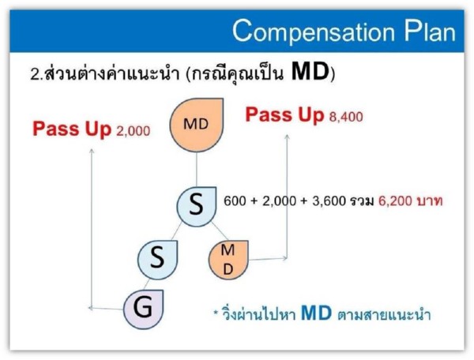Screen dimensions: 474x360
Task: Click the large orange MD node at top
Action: (x=197, y=125)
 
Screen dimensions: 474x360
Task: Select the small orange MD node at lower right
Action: (x=228, y=260)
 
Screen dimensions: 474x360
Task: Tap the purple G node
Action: (x=143, y=309)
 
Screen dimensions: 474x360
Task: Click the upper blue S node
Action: (x=197, y=207)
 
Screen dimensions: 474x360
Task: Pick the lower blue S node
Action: (x=157, y=260)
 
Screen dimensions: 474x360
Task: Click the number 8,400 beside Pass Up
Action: (x=347, y=117)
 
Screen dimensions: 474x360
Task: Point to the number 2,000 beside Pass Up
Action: (x=134, y=131)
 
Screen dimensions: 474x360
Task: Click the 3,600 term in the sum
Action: (x=329, y=201)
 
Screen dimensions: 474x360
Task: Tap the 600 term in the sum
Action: (x=235, y=201)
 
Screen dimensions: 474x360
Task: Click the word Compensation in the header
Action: (x=314, y=32)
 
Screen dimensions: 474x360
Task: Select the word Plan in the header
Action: (x=431, y=30)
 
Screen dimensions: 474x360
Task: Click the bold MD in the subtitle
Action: (x=310, y=71)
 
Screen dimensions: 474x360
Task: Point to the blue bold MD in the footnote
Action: (x=317, y=313)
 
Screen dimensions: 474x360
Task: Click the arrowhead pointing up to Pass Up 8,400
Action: (x=287, y=137)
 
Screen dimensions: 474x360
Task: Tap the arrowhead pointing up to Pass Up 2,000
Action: (x=92, y=151)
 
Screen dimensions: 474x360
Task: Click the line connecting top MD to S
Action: (x=197, y=170)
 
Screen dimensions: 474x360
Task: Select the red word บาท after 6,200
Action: (x=431, y=201)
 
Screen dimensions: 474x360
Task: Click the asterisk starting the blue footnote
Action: (x=216, y=313)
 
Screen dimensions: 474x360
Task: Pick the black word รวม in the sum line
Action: (x=362, y=201)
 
